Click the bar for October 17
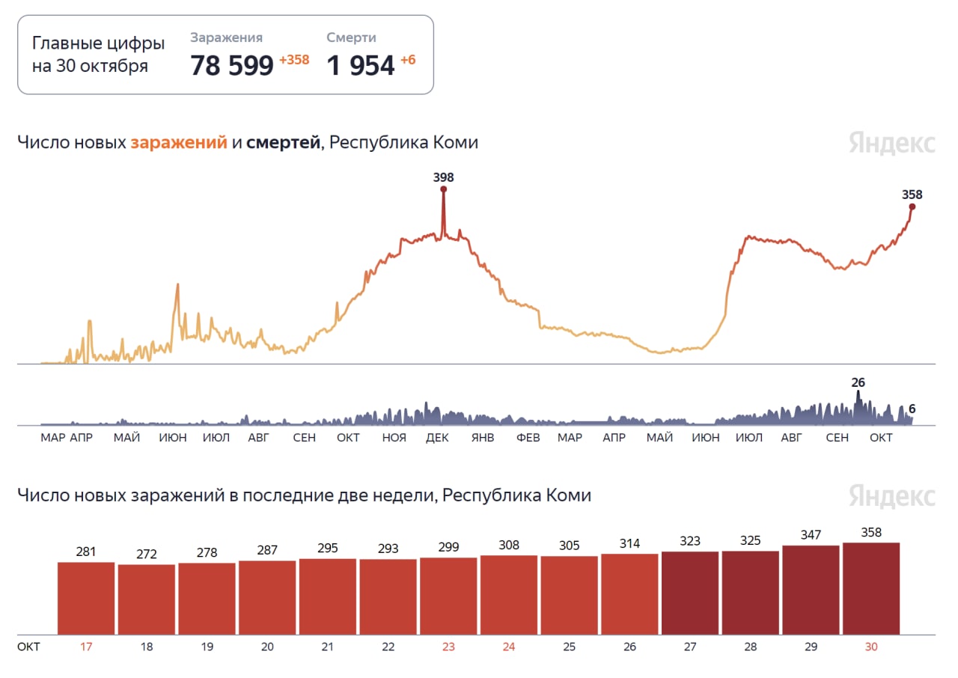pyautogui.click(x=86, y=598)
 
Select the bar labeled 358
pyautogui.click(x=871, y=588)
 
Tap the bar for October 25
pyautogui.click(x=570, y=595)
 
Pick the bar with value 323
pyautogui.click(x=690, y=593)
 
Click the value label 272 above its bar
pyautogui.click(x=147, y=555)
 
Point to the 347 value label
pyautogui.click(x=811, y=535)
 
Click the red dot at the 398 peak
pyautogui.click(x=443, y=189)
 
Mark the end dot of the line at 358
pyautogui.click(x=912, y=207)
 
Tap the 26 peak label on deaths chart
pyautogui.click(x=858, y=382)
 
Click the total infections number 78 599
pyautogui.click(x=232, y=66)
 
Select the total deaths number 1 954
pyautogui.click(x=361, y=66)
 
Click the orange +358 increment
pyautogui.click(x=294, y=60)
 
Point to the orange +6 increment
pyautogui.click(x=408, y=60)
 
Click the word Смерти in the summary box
pyautogui.click(x=351, y=37)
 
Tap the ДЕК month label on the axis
pyautogui.click(x=437, y=438)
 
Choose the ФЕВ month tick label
pyautogui.click(x=528, y=438)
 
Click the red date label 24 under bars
pyautogui.click(x=509, y=647)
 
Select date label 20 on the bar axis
pyautogui.click(x=267, y=647)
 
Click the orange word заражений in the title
pyautogui.click(x=179, y=142)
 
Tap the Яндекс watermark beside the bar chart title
pyautogui.click(x=892, y=496)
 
